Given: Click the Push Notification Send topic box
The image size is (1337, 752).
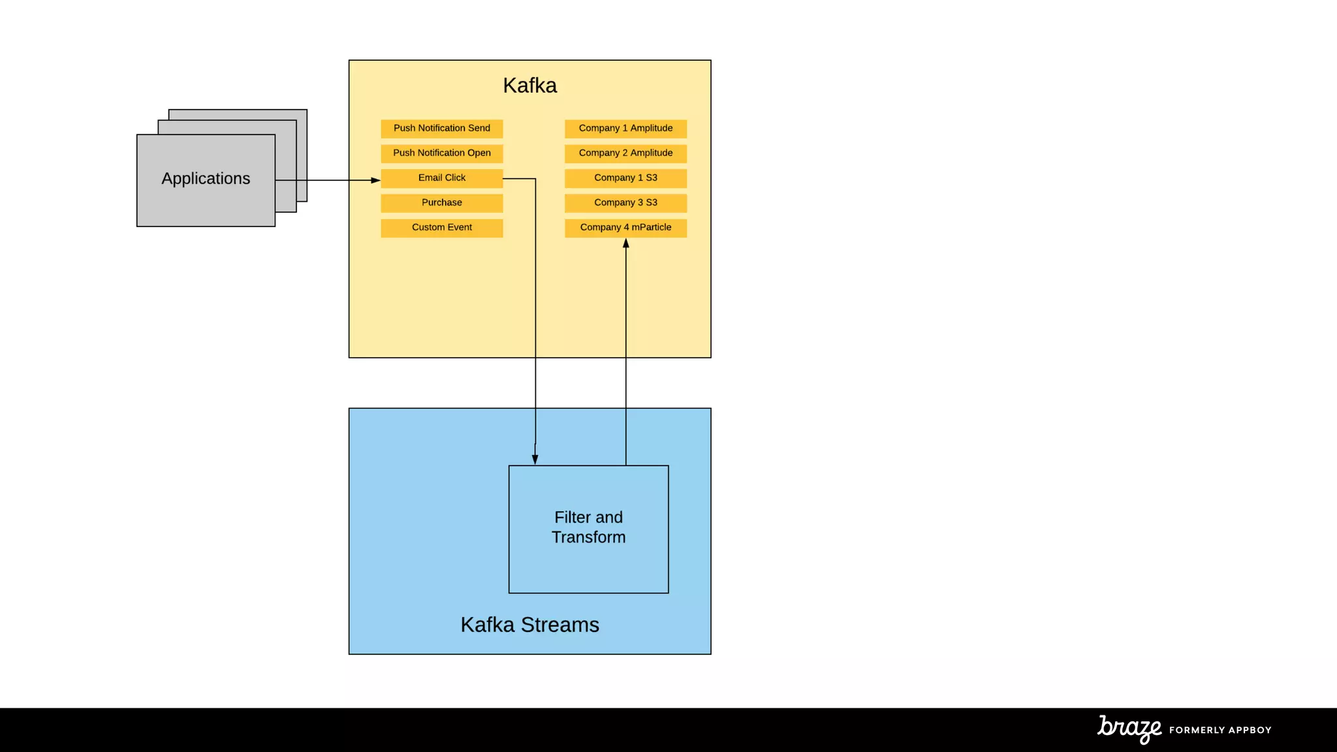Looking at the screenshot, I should [441, 129].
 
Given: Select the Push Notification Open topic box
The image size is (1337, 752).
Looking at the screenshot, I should [441, 153].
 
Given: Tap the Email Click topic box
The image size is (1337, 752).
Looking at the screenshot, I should [441, 178].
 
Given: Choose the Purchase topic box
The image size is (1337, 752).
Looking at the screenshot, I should [441, 203].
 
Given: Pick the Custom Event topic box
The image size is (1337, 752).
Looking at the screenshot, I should [441, 228].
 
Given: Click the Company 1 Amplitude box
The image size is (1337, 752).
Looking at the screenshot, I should [625, 129].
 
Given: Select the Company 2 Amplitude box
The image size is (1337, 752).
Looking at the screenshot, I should [625, 153].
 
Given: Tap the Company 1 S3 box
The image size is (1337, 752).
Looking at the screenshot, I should [625, 178].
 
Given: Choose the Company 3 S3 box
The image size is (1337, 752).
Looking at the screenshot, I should [625, 203].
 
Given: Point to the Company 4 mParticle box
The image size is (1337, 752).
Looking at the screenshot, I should [625, 228].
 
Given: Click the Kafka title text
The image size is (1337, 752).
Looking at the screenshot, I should [529, 86].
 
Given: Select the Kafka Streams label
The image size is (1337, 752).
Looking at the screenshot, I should [529, 625].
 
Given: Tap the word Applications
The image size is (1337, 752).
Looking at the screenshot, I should [206, 179].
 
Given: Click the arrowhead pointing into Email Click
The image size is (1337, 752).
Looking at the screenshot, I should [375, 180].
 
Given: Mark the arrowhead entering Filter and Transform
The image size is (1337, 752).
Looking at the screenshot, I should [535, 459].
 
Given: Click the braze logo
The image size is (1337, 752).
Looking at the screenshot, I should [1129, 728].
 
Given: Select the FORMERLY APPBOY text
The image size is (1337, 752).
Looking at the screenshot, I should [1220, 730].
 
